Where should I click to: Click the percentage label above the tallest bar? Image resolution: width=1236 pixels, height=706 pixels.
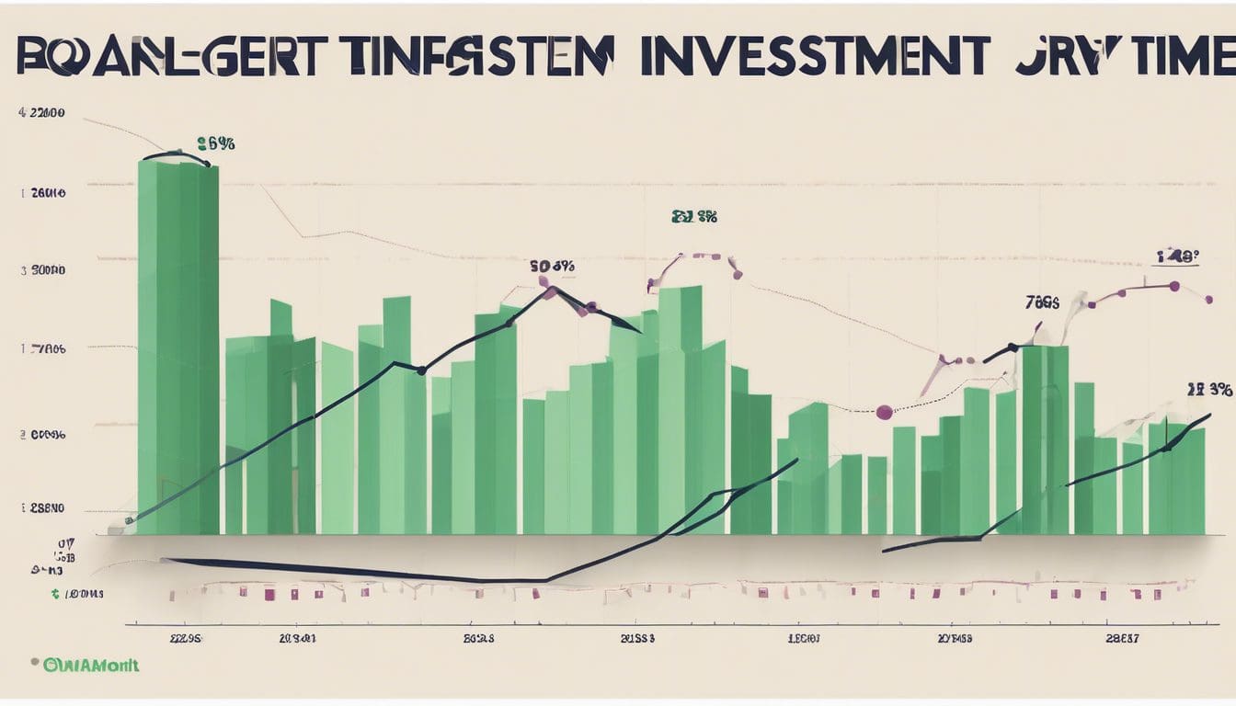point(216,143)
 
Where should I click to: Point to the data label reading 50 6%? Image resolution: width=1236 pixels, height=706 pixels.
point(552,267)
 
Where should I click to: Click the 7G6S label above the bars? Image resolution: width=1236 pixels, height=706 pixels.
point(1042,302)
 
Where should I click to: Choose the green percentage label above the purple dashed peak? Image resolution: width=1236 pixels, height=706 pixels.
point(693,218)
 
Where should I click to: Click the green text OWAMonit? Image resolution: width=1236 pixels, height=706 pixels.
point(90,665)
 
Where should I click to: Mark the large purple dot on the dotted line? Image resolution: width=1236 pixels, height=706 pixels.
point(885,412)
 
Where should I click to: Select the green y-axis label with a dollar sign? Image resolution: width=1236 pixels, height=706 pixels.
point(77,595)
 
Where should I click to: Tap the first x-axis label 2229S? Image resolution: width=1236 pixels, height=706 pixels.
point(186,637)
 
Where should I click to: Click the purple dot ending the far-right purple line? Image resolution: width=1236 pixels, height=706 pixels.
point(1208,299)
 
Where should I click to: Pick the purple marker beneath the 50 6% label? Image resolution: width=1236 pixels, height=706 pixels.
point(550,292)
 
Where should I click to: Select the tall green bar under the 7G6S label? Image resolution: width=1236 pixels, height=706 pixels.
point(1046,439)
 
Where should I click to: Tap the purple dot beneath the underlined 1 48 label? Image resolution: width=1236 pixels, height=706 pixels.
point(1174,286)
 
